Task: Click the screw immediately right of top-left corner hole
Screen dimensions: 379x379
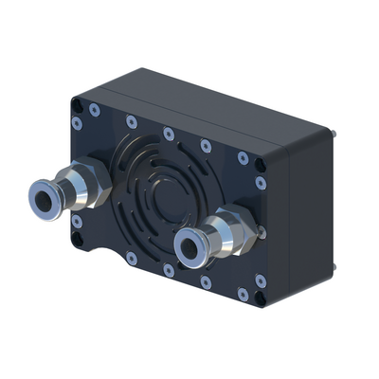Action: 94,111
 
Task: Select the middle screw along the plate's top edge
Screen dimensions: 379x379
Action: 168,134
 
